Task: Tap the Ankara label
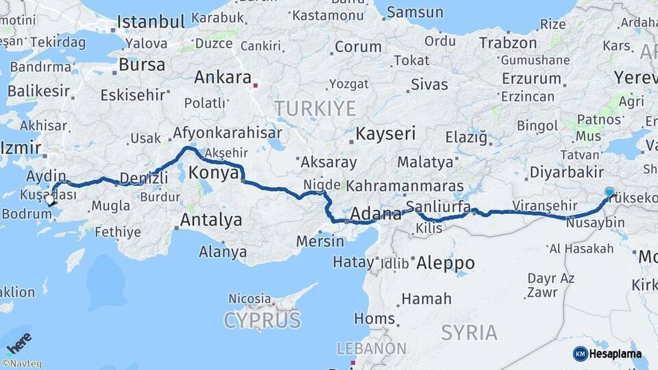click(223, 77)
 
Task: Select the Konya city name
click(215, 172)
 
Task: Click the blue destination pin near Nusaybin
click(609, 193)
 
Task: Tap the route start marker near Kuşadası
click(49, 201)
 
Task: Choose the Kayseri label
click(386, 134)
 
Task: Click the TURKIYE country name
click(315, 108)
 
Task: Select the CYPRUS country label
click(262, 321)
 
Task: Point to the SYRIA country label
click(469, 333)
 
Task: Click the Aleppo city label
click(446, 262)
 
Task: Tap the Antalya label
click(210, 220)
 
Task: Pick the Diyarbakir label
click(566, 172)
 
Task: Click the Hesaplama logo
click(607, 354)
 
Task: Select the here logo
click(19, 343)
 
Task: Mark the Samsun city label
click(415, 12)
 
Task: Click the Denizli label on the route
click(144, 179)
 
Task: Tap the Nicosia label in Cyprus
click(249, 299)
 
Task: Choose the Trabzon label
click(508, 42)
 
